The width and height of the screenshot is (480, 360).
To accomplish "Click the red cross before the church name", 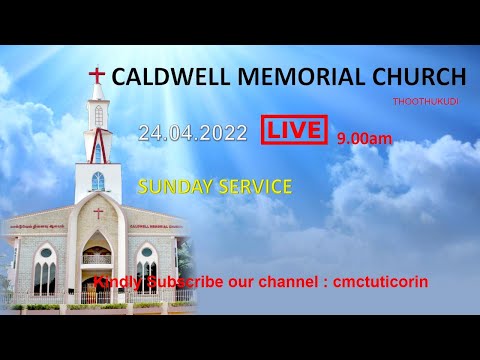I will pyautogui.click(x=97, y=76).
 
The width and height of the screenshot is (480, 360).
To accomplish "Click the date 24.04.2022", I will pyautogui.click(x=193, y=133).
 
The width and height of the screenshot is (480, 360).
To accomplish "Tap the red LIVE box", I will pyautogui.click(x=295, y=130).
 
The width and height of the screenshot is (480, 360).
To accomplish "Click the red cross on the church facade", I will pyautogui.click(x=98, y=213).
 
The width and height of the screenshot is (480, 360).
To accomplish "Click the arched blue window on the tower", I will pyautogui.click(x=98, y=182).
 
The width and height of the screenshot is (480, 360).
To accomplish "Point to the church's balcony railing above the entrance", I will pyautogui.click(x=97, y=258).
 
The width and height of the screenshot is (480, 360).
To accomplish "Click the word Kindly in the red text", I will pyautogui.click(x=115, y=282).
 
